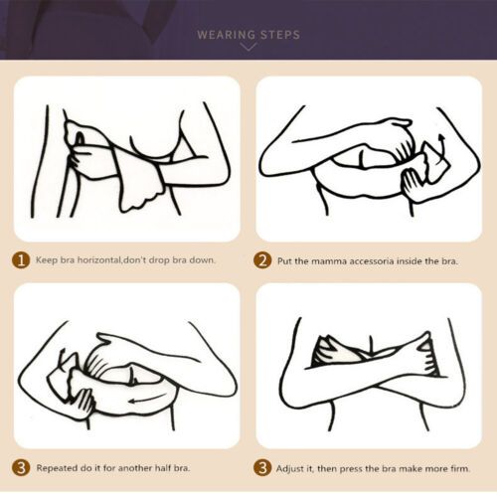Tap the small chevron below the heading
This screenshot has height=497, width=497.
(248, 47)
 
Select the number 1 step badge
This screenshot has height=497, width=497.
(20, 260)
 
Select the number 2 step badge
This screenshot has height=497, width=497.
(262, 260)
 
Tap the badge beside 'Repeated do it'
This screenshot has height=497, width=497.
(20, 467)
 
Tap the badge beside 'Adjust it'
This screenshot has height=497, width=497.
(262, 467)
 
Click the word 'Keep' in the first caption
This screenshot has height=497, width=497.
(47, 260)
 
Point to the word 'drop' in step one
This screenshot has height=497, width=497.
(162, 260)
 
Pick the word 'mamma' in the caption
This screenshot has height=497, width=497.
(335, 260)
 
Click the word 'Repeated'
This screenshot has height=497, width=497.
(59, 467)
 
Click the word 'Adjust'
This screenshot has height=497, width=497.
(294, 467)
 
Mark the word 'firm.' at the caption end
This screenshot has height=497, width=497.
(469, 467)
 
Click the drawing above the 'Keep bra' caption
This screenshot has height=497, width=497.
(126, 159)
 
